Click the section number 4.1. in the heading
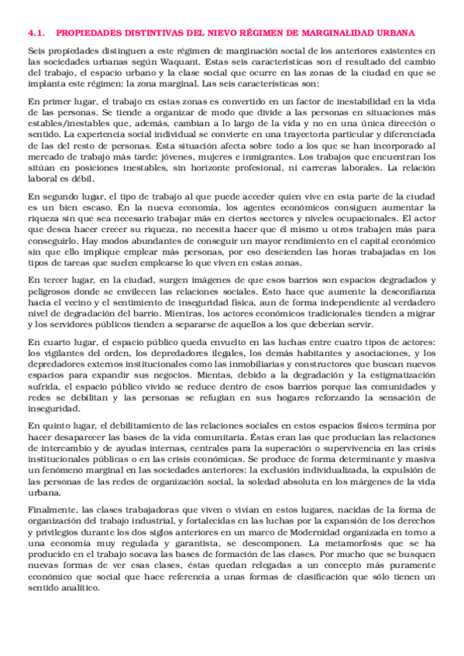click(36, 32)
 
